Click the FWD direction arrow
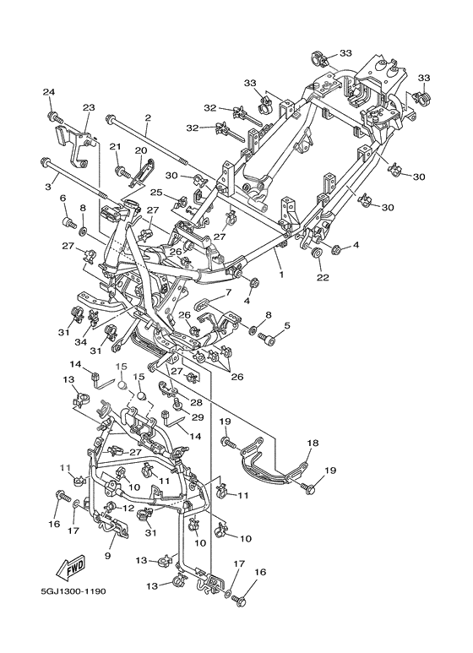[71, 568]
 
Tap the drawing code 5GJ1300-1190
[73, 591]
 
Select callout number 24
[49, 92]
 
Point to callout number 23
[89, 107]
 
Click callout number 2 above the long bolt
[148, 118]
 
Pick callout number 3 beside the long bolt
[48, 187]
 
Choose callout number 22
[323, 277]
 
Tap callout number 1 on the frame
[281, 275]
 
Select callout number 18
[313, 443]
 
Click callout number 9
[107, 556]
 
